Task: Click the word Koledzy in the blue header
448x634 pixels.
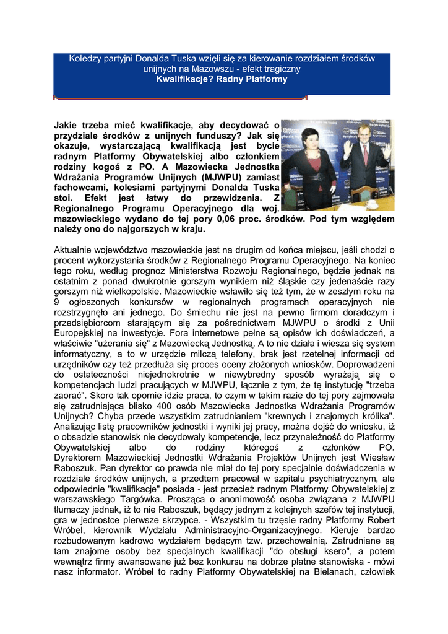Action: [86, 58]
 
